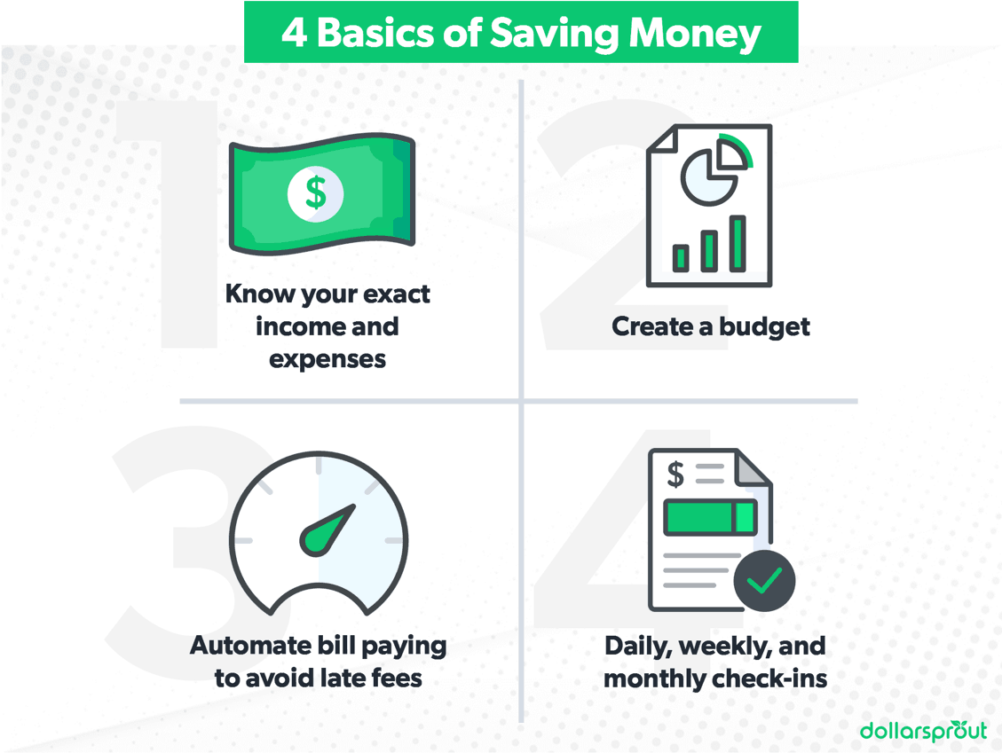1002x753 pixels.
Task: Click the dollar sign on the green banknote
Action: pyautogui.click(x=315, y=191)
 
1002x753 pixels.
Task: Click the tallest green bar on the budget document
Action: pyautogui.click(x=738, y=243)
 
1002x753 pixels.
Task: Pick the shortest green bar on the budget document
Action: pyautogui.click(x=682, y=257)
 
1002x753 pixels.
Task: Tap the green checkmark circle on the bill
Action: pyautogui.click(x=764, y=580)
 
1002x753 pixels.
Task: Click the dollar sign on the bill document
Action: pyautogui.click(x=675, y=475)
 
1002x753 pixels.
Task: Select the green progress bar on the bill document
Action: pyautogui.click(x=711, y=517)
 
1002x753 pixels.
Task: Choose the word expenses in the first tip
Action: pyautogui.click(x=327, y=358)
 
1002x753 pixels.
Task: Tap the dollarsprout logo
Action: pyautogui.click(x=923, y=729)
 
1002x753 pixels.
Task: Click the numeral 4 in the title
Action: pyautogui.click(x=294, y=34)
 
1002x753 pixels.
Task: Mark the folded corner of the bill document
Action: pyautogui.click(x=753, y=467)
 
